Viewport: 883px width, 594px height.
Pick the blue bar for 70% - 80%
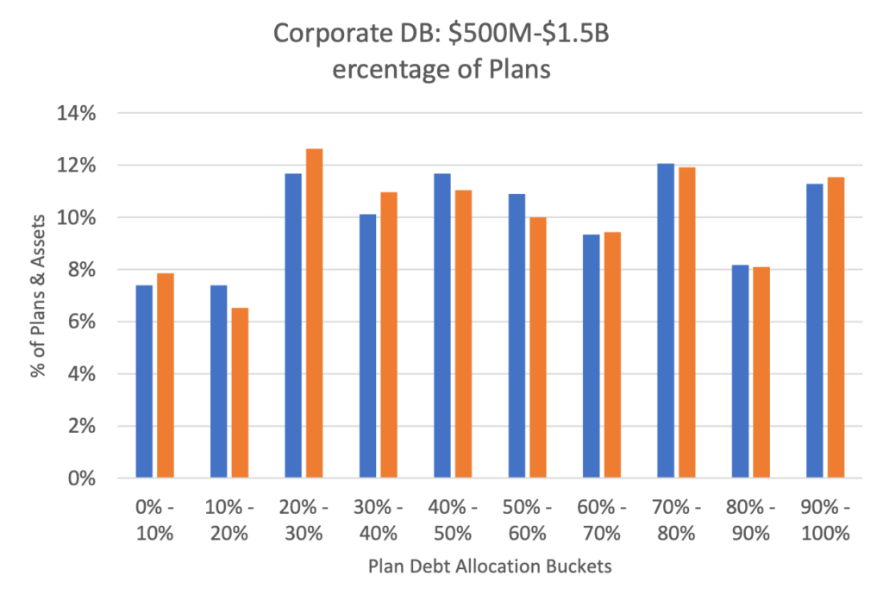point(665,320)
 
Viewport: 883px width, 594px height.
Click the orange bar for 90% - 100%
point(835,327)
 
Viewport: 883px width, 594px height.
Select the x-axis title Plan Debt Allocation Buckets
point(490,566)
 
